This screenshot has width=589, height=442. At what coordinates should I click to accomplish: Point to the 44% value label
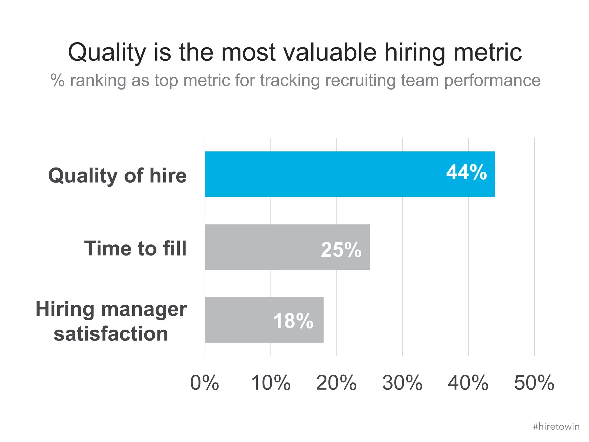point(466,172)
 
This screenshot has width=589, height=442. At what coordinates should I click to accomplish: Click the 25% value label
point(341,249)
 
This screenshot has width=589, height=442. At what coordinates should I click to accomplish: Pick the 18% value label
point(293,321)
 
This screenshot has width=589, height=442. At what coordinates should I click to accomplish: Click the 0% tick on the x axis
point(204,383)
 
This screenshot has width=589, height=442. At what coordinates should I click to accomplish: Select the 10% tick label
point(271,383)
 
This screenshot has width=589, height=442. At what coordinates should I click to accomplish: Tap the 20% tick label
point(336,383)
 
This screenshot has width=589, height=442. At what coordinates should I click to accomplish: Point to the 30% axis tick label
point(402,383)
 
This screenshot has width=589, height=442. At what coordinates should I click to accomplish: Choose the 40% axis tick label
point(468,383)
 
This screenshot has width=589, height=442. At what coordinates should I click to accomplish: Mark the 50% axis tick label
point(534,383)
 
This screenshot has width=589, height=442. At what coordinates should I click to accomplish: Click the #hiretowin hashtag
point(556,426)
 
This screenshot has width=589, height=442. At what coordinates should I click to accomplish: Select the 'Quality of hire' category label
point(117,175)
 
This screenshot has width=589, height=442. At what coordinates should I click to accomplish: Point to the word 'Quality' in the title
point(107,53)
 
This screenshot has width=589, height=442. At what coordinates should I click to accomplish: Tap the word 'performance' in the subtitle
point(492,80)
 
